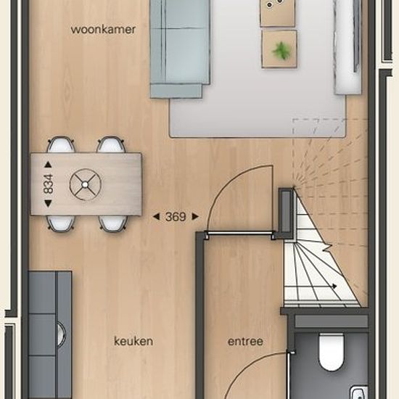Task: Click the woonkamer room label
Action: tap(103, 30)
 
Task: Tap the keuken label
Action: tap(133, 341)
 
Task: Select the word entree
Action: tap(245, 342)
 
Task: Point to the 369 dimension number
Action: tap(176, 217)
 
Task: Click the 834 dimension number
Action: tap(49, 184)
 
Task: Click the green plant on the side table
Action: tap(281, 51)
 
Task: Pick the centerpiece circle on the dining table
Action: tap(86, 184)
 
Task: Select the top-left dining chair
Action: tap(61, 144)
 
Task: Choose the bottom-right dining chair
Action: tap(113, 223)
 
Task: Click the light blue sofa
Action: tap(180, 49)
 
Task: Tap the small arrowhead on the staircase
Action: tap(334, 287)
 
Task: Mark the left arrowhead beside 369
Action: tap(156, 217)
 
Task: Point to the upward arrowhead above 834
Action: tap(48, 165)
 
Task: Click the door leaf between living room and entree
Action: tap(240, 232)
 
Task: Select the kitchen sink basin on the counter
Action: tap(61, 334)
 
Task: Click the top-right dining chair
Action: tap(111, 144)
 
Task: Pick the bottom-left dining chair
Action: tap(61, 223)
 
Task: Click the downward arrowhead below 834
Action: tap(48, 203)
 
